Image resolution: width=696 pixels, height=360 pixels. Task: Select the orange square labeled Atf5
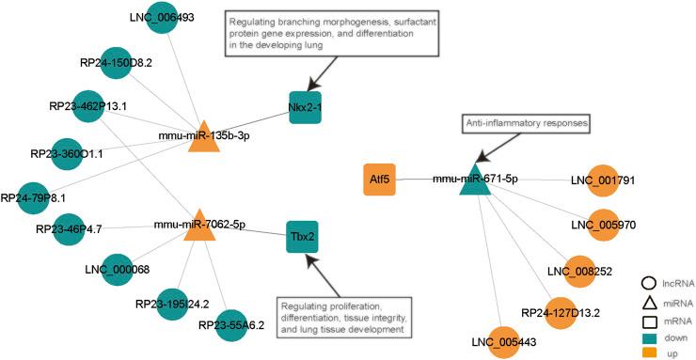pos(379,178)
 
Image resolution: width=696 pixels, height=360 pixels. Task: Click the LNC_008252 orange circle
pos(579,269)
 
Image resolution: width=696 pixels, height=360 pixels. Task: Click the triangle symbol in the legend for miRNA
pos(648,301)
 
